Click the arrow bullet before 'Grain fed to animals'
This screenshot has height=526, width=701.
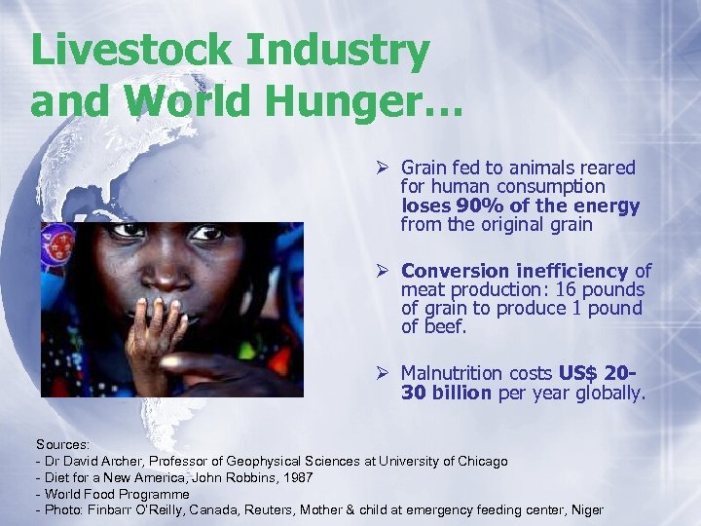pyautogui.click(x=385, y=169)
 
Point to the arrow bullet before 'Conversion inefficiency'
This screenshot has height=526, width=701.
pyautogui.click(x=385, y=271)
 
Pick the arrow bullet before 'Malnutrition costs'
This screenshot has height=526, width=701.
pyautogui.click(x=385, y=373)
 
